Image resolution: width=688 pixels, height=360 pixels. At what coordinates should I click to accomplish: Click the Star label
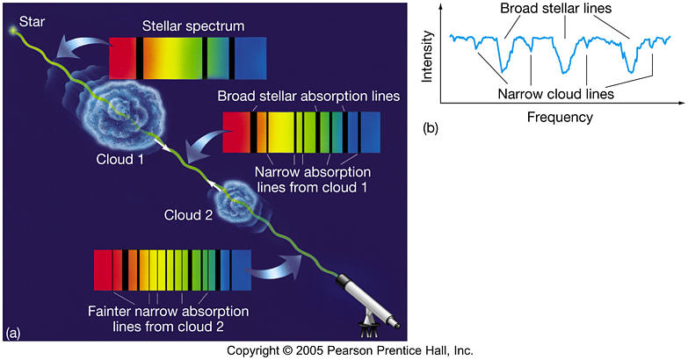(32, 21)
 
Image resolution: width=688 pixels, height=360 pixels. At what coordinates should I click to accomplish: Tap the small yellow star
(13, 30)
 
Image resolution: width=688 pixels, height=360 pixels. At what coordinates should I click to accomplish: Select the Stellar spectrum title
(193, 25)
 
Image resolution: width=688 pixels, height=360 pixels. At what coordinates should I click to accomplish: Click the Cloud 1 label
(119, 159)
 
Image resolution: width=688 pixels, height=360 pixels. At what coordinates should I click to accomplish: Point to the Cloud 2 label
(188, 215)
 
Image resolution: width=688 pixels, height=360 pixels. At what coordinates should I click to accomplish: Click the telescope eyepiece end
(395, 325)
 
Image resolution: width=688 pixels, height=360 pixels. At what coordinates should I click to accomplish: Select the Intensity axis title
(427, 56)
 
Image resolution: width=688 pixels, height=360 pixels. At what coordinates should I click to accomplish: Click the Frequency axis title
(560, 117)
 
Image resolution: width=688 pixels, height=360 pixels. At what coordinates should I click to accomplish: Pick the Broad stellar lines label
(556, 8)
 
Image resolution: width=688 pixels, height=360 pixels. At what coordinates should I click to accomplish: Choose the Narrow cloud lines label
(555, 93)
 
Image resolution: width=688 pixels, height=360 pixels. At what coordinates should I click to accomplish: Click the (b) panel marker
(430, 128)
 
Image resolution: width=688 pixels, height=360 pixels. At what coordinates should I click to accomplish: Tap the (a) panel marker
(11, 334)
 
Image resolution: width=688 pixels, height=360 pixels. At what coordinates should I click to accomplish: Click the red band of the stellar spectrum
(122, 58)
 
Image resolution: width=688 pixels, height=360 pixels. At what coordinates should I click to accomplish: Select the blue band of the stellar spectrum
(250, 58)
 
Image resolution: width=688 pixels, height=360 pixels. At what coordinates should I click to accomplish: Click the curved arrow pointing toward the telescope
(276, 268)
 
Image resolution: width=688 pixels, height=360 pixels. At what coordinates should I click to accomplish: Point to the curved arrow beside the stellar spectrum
(83, 46)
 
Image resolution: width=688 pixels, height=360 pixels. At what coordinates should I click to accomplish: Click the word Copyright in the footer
(252, 351)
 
